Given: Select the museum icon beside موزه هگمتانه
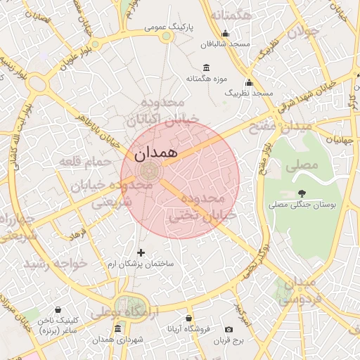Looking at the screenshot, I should (205, 68).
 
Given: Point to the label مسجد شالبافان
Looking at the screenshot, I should (226, 44).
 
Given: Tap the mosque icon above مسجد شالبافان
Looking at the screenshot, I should (225, 32).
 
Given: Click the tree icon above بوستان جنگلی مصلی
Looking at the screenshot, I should (302, 193).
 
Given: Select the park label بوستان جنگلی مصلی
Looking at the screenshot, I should (305, 205).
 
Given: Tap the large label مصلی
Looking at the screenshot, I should (303, 165).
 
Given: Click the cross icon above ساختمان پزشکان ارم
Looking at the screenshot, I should (141, 252).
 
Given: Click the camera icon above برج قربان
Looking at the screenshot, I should (229, 329).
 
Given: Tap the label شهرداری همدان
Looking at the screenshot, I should (117, 340).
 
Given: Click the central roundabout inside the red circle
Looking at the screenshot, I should (149, 170).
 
